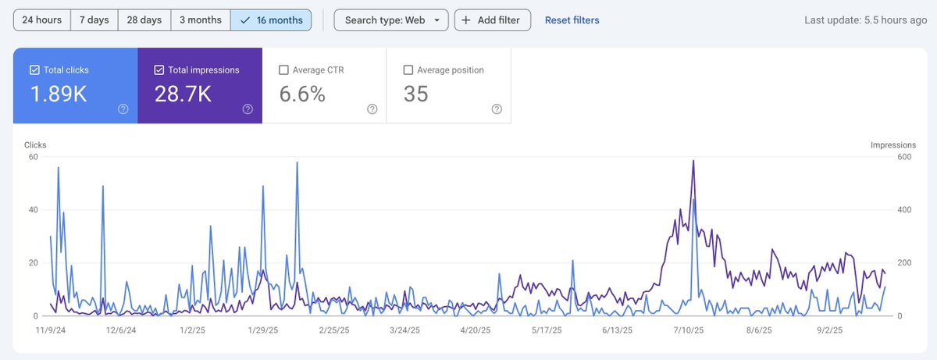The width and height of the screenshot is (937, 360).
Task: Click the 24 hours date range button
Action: pos(41,20)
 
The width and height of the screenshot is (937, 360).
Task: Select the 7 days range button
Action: pos(94,20)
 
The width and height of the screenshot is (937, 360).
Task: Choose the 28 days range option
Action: pos(144,20)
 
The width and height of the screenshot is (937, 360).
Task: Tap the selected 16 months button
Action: pos(271,20)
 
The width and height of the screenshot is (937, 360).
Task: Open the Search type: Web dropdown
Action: pos(391,20)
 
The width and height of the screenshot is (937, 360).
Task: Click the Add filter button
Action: pos(493,20)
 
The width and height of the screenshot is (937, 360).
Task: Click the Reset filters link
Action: pos(572,20)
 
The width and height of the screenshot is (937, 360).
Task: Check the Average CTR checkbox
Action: pos(284,70)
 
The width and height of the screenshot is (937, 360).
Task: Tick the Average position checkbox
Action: pos(408,70)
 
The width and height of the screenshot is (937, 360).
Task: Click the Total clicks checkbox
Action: pos(35,70)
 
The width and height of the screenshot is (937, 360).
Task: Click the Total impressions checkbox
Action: pos(159,70)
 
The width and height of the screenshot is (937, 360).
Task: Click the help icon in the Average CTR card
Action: pos(372,109)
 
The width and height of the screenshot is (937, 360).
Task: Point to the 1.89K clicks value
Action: pos(58,94)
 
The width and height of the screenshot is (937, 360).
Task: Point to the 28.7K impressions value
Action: pos(183,94)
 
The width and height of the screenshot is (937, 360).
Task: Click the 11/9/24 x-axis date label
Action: pos(51,330)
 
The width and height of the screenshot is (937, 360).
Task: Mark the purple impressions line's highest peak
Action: pos(693,161)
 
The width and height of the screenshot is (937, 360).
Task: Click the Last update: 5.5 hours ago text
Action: pos(865,20)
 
